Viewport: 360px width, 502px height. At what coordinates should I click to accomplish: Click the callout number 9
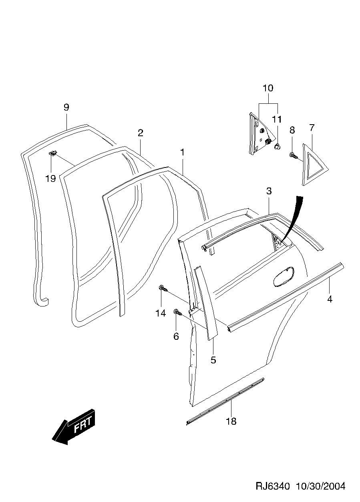point(66,107)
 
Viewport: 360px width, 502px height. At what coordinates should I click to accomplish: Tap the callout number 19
point(50,179)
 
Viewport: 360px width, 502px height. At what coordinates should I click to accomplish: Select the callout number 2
point(141,133)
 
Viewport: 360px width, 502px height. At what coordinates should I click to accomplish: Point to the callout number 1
point(182,153)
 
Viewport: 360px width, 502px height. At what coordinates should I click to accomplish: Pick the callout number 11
point(277,119)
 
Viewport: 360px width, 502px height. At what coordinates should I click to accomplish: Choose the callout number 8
point(292,130)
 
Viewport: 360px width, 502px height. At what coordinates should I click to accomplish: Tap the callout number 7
point(312,128)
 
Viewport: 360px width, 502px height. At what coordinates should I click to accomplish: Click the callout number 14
point(161,313)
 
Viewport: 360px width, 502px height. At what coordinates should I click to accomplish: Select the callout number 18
point(231,421)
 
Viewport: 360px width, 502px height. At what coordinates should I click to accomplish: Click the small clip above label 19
point(54,152)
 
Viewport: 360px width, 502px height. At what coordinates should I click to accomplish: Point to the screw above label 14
point(163,288)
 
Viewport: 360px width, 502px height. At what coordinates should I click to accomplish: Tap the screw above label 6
point(177,312)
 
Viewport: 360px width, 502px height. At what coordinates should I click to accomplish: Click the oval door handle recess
point(284,277)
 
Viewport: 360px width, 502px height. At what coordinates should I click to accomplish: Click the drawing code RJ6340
point(272,486)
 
